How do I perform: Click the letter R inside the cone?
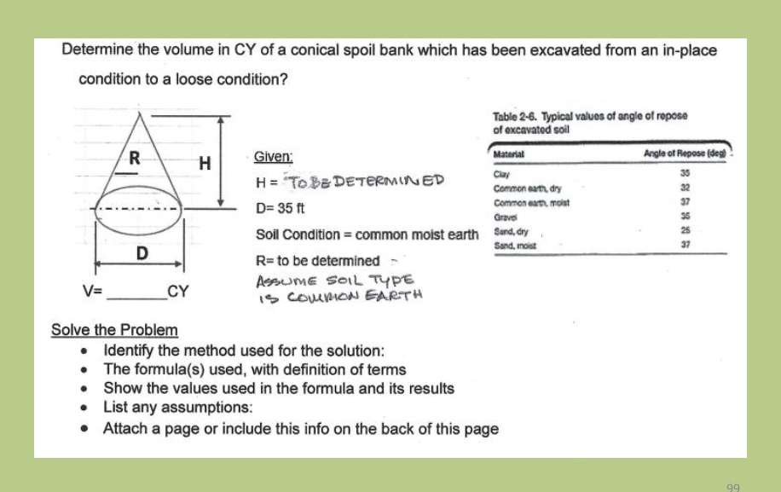click(x=135, y=158)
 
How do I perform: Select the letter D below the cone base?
click(x=142, y=253)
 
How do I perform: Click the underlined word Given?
click(x=274, y=158)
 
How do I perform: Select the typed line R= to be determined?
click(x=317, y=260)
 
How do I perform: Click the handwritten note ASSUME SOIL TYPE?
click(x=334, y=280)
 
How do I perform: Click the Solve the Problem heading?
click(x=114, y=330)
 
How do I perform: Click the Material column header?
click(x=508, y=154)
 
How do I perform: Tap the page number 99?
click(x=733, y=486)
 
